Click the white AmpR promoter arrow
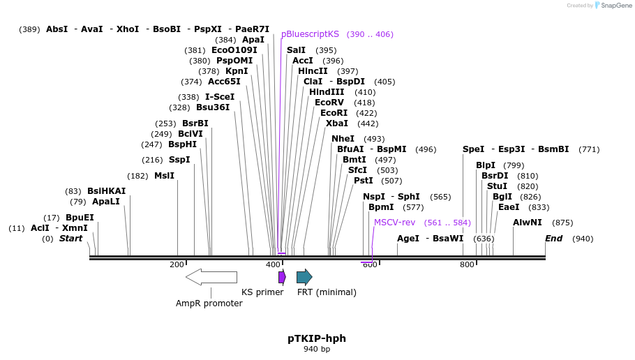(211, 277)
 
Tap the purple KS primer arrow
(282, 277)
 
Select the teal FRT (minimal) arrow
(304, 277)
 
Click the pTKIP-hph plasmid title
(317, 338)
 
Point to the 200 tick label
(177, 264)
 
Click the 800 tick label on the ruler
(466, 264)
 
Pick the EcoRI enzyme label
(334, 113)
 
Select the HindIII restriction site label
(327, 92)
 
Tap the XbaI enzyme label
(337, 123)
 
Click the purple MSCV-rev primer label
(394, 223)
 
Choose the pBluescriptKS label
(310, 34)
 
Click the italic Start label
(70, 239)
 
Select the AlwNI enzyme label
(528, 223)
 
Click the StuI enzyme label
(497, 186)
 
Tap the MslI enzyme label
(164, 176)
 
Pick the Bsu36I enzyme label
(213, 107)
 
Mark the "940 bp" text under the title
(317, 349)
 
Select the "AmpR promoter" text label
(209, 303)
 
